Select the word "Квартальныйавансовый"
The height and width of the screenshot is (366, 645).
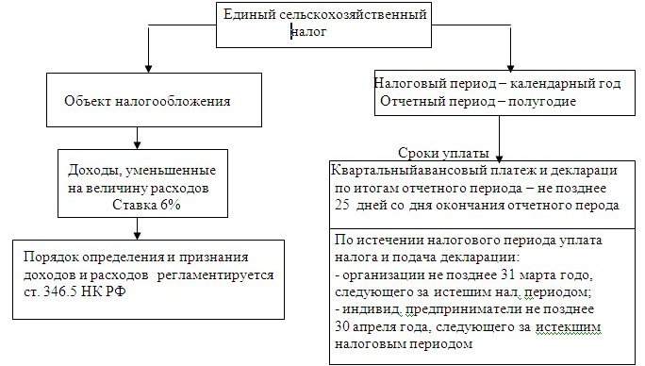pos(403,171)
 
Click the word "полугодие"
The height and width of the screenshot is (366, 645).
pos(543,100)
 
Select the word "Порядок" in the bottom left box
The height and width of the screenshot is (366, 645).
pos(53,258)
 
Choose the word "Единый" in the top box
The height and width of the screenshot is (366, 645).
pos(247,15)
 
